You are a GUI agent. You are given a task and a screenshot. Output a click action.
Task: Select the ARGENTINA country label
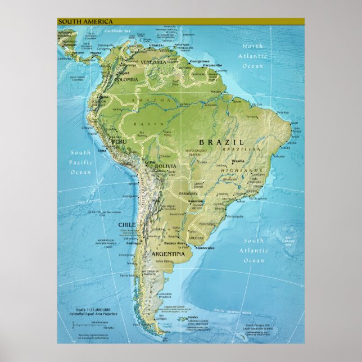point(168,254)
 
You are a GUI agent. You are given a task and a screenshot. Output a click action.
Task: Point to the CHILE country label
point(127,224)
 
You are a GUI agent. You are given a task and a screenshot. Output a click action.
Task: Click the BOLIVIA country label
point(165,167)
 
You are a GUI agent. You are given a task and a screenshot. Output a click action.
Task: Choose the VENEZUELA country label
point(153,62)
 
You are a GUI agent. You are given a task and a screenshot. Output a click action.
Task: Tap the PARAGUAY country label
point(189,193)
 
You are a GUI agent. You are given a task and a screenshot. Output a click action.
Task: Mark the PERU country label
point(119,142)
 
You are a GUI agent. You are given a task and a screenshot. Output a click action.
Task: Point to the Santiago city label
point(133,243)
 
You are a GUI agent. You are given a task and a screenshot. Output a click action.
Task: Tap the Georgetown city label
point(200,61)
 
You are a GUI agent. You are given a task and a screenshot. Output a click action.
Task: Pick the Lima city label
point(102,151)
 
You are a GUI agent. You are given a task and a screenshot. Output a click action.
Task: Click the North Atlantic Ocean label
point(252,56)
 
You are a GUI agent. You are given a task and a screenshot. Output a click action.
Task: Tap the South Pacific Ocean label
point(80,162)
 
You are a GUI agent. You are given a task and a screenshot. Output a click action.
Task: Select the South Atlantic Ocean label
point(254,251)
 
